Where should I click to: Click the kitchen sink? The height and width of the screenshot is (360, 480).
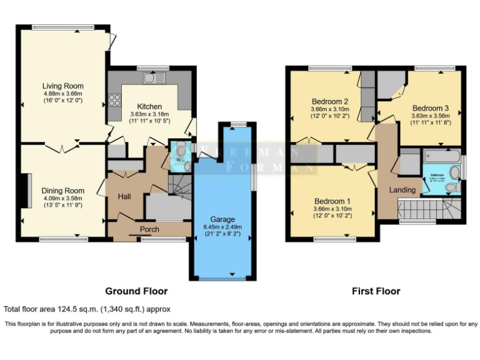pyautogui.click(x=152, y=78)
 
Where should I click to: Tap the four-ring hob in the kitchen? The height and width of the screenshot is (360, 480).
pyautogui.click(x=115, y=100)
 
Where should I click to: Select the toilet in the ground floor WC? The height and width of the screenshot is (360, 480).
pyautogui.click(x=180, y=151)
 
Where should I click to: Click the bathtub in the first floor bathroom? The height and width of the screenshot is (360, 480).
pyautogui.click(x=442, y=156)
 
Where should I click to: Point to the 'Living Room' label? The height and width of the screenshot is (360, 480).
pyautogui.click(x=62, y=86)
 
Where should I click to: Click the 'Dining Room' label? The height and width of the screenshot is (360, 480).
pyautogui.click(x=62, y=191)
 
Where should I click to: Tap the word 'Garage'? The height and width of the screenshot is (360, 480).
pyautogui.click(x=222, y=219)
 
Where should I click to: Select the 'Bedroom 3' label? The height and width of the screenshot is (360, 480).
pyautogui.click(x=431, y=107)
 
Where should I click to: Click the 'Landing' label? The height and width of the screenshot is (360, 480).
pyautogui.click(x=402, y=189)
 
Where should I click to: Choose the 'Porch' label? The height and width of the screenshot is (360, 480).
pyautogui.click(x=149, y=229)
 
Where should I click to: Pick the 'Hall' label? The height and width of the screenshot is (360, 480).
pyautogui.click(x=124, y=197)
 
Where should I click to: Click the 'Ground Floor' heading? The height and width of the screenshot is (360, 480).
pyautogui.click(x=136, y=291)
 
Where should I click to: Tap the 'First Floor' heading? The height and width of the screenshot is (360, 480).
pyautogui.click(x=376, y=291)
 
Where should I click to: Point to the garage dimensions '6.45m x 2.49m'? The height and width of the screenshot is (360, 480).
pyautogui.click(x=222, y=227)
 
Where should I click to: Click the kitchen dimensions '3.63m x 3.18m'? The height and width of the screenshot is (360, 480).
pyautogui.click(x=146, y=114)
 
